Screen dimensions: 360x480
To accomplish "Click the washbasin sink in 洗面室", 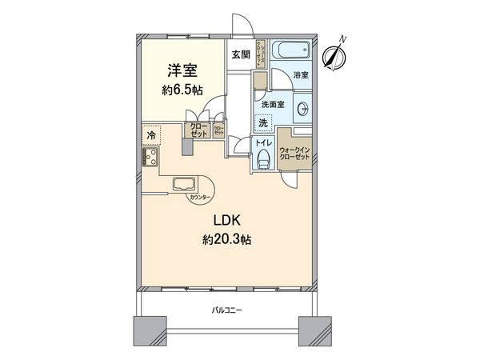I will pyautogui.click(x=303, y=110).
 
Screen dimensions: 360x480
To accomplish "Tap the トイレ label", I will pyautogui.click(x=262, y=144).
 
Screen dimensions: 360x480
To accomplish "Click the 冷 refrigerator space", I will pyautogui.click(x=150, y=136).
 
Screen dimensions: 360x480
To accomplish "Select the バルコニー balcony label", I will pyautogui.click(x=227, y=309).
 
